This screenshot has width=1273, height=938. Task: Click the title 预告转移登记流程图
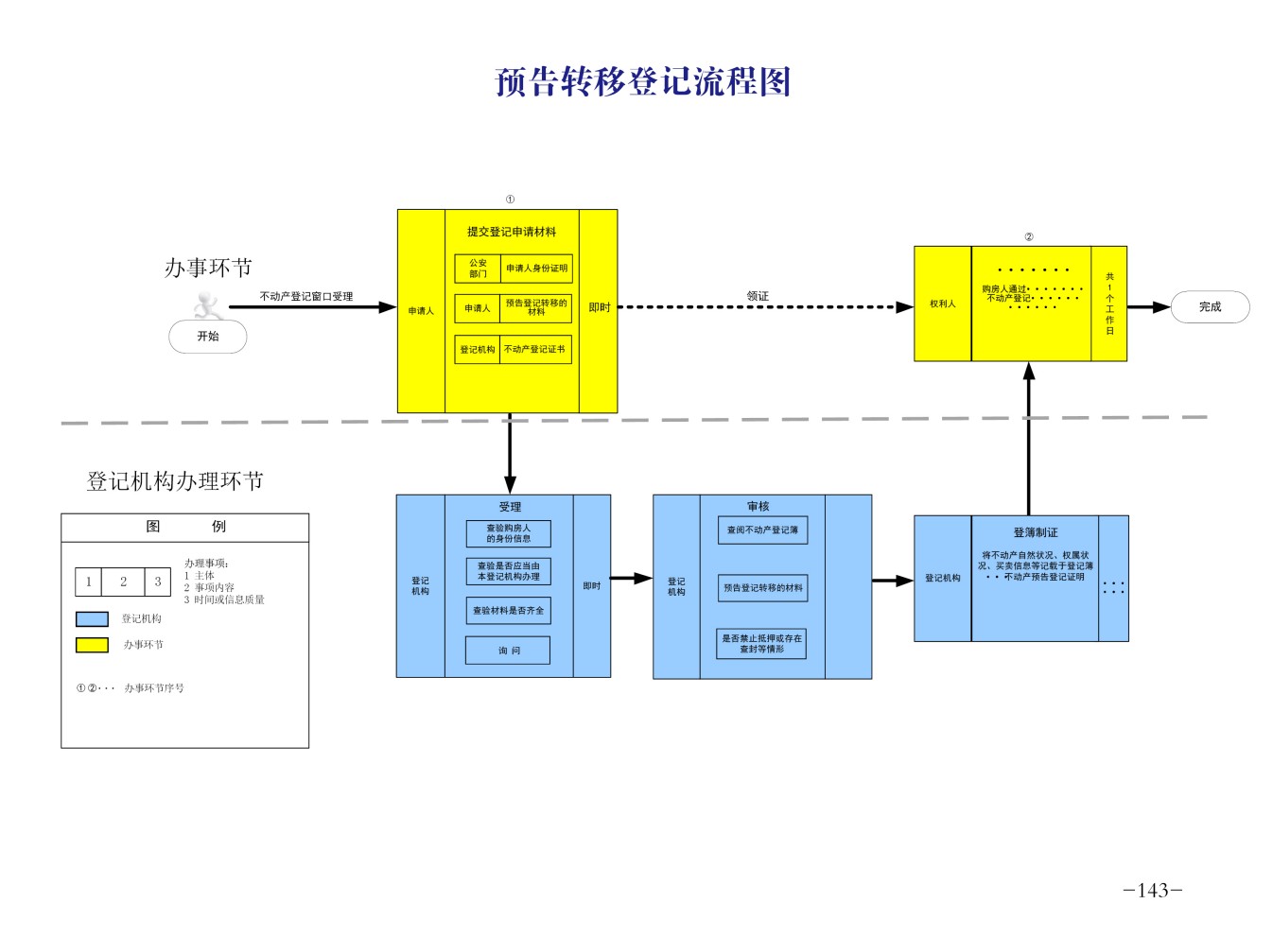point(642,82)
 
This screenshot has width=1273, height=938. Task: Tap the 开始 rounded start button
point(208,337)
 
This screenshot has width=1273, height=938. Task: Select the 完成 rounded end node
point(1210,307)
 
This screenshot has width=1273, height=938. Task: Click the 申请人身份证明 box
point(536,269)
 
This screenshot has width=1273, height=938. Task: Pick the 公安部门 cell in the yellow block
point(478,269)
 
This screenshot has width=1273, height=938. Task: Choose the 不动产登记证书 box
point(535,350)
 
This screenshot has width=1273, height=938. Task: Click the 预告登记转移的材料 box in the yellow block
point(536,308)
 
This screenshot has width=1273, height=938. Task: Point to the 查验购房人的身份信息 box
point(509,533)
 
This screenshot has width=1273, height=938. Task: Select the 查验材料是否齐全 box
point(509,611)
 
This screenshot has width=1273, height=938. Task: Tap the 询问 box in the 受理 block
point(509,651)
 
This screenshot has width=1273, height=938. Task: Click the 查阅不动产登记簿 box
point(762,530)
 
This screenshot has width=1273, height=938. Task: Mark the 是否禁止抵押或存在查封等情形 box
point(761,644)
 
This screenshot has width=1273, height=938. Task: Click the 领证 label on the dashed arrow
point(758,296)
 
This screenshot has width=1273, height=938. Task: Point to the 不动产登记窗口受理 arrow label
point(306,296)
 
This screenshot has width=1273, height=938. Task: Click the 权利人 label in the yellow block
point(942,304)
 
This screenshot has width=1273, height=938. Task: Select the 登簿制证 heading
point(1036,532)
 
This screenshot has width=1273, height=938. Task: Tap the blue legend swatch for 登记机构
point(92,619)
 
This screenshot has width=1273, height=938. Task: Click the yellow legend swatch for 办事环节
point(92,645)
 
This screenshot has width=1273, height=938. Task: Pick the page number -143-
point(1153,890)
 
